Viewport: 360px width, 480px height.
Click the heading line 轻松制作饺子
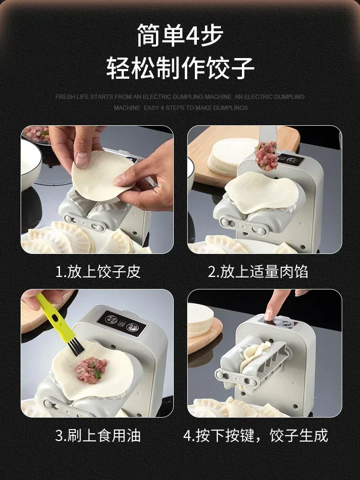click(x=180, y=68)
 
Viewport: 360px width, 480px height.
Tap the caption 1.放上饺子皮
click(x=98, y=272)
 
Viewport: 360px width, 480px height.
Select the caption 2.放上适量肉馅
click(x=258, y=272)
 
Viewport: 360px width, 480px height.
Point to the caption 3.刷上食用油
click(x=98, y=435)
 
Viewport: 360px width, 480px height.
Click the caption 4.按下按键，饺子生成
click(x=256, y=435)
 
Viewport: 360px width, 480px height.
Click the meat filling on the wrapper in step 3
click(x=91, y=369)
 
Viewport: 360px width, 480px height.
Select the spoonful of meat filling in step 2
click(x=266, y=156)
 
